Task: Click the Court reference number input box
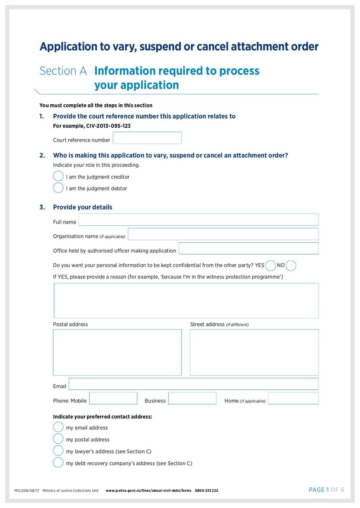(x=147, y=138)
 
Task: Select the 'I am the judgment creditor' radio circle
(x=58, y=176)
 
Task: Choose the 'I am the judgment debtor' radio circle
(x=58, y=188)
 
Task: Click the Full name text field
(x=198, y=220)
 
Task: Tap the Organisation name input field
(x=223, y=234)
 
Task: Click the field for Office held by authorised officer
(x=248, y=249)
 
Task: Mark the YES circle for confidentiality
(x=271, y=265)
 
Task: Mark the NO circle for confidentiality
(x=291, y=265)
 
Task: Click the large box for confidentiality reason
(x=186, y=300)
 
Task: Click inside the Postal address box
(x=117, y=352)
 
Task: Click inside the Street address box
(x=254, y=352)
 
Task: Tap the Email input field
(x=193, y=384)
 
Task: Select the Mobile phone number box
(x=113, y=398)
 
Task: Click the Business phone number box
(x=192, y=398)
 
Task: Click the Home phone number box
(x=293, y=398)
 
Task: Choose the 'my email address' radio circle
(x=58, y=427)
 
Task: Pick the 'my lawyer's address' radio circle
(x=58, y=450)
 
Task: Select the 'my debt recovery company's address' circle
(x=58, y=462)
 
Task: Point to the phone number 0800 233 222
(x=207, y=490)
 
